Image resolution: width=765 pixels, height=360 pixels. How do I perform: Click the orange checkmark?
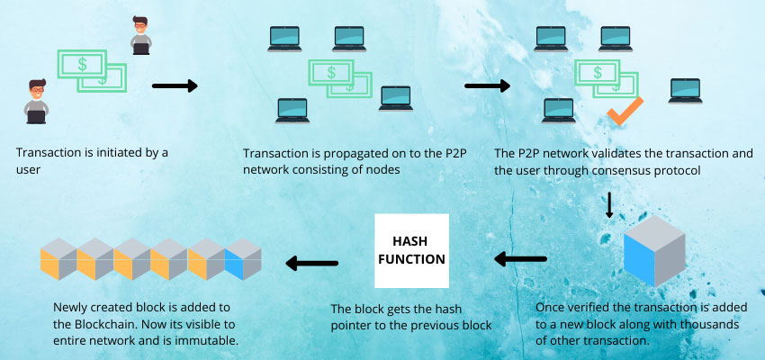click(622, 112)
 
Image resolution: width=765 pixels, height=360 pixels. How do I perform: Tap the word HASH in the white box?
click(411, 240)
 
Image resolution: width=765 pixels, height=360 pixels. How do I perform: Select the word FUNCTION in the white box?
click(411, 259)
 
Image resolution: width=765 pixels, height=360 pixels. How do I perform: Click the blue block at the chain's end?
click(242, 262)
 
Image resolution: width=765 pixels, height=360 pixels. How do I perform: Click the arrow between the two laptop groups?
click(486, 88)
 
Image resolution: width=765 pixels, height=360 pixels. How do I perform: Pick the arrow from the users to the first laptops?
click(174, 86)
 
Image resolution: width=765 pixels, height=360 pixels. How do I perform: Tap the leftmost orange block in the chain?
click(57, 262)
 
